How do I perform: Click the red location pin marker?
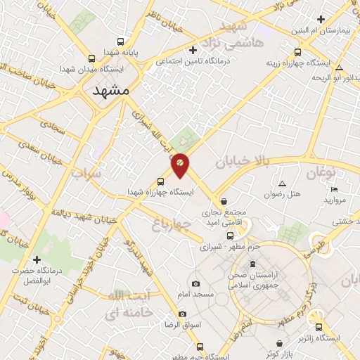click(180, 165)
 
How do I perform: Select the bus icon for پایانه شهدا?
click(120, 41)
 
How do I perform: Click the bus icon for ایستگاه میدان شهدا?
click(92, 59)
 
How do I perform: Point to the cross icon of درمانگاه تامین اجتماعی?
click(193, 50)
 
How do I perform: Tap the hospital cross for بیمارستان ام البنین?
click(321, 20)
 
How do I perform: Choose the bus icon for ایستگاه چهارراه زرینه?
click(297, 52)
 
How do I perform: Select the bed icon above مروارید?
click(334, 189)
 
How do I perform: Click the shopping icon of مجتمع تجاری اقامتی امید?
click(224, 201)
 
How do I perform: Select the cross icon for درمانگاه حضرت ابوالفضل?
click(37, 259)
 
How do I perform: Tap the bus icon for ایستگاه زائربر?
click(319, 327)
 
